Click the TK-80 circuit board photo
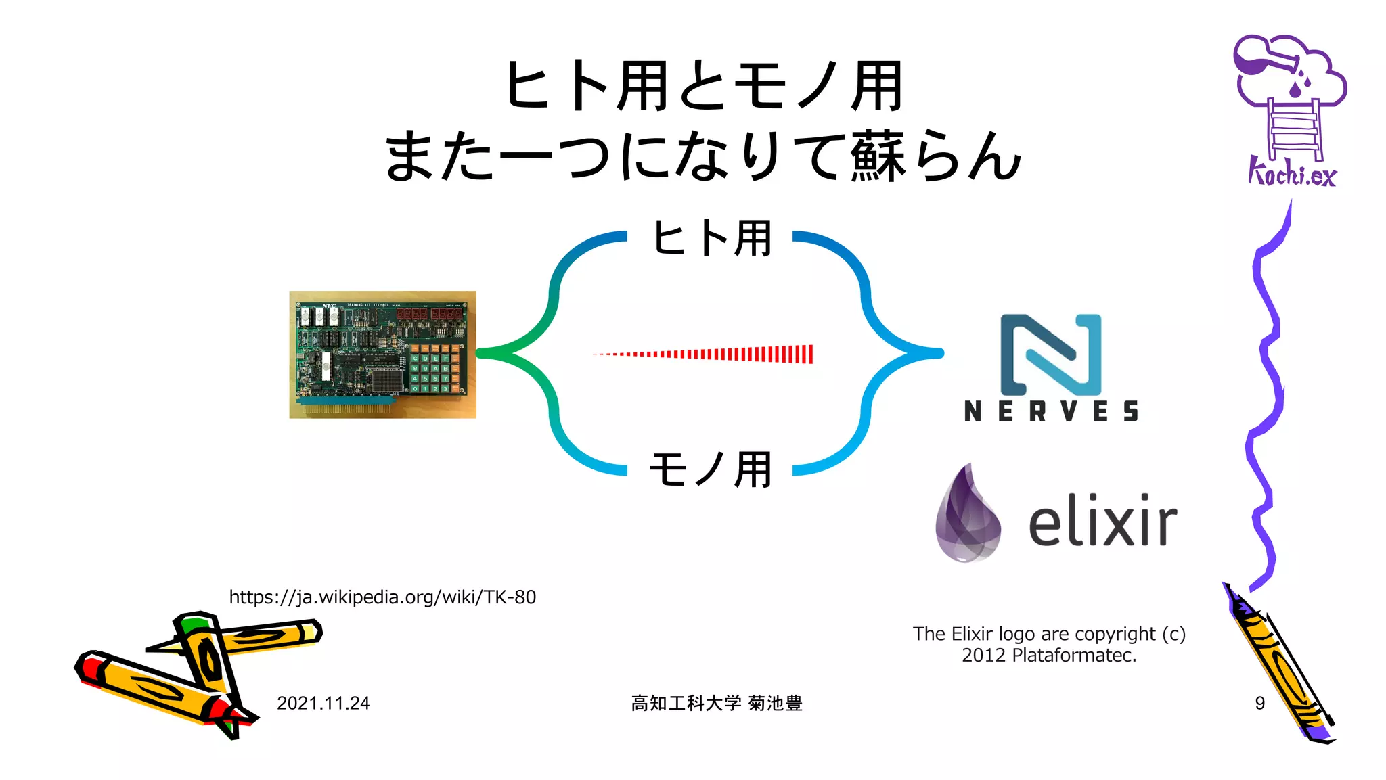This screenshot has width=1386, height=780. tap(382, 354)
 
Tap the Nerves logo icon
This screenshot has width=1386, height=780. tap(1050, 354)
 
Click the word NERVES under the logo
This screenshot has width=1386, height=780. tap(1051, 411)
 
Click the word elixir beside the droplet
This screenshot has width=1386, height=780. tap(1102, 522)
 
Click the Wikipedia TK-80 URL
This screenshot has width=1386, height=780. tap(382, 597)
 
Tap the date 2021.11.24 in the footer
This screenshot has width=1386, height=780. tap(323, 704)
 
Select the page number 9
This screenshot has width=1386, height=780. tap(1259, 704)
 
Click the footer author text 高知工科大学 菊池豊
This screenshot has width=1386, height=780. tap(716, 704)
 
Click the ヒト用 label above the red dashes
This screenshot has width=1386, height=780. tap(711, 238)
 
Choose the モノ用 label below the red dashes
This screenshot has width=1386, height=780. tap(711, 469)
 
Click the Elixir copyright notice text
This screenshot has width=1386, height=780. tap(1049, 644)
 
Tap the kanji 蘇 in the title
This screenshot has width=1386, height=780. tap(878, 157)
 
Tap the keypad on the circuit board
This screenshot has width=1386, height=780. tap(436, 369)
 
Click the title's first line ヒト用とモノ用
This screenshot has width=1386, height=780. tap(704, 86)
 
